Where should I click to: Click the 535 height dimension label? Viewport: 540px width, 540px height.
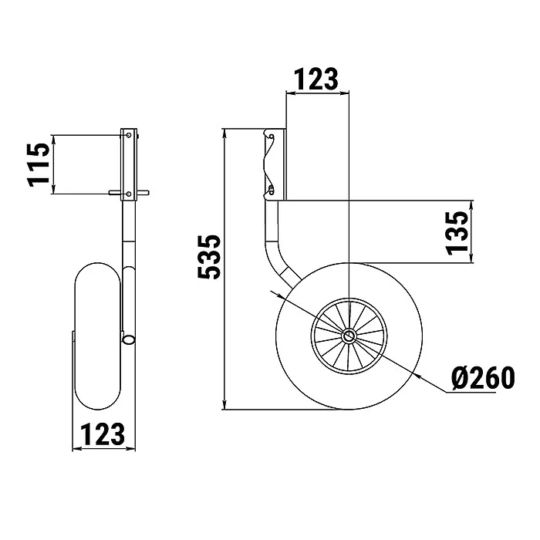(209, 257)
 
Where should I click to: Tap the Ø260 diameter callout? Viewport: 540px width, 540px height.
(483, 378)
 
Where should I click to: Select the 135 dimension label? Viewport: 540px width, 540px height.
(457, 233)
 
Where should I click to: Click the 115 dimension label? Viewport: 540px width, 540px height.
(39, 164)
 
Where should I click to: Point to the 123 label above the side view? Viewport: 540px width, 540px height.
(316, 79)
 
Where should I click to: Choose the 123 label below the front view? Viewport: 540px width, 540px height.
(103, 434)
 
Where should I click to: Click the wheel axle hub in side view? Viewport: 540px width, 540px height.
(349, 336)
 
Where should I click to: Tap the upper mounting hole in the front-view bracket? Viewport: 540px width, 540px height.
(129, 135)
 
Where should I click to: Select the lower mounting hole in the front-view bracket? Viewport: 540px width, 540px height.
(129, 194)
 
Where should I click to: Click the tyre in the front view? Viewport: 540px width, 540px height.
(98, 336)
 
